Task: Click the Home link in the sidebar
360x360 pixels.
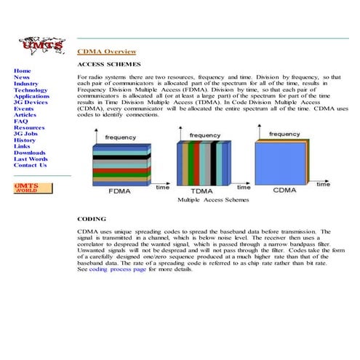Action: [x=22, y=71]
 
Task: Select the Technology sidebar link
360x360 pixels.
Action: [x=31, y=89]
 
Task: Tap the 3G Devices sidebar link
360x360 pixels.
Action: [x=31, y=102]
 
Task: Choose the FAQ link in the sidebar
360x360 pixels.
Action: [x=21, y=121]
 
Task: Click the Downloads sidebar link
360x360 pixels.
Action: [x=29, y=153]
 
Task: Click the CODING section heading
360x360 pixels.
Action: [x=92, y=218]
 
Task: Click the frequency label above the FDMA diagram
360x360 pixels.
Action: [x=120, y=137]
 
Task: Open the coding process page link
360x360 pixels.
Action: [x=118, y=269]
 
